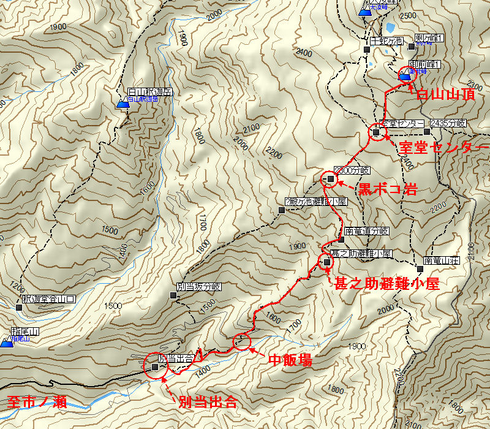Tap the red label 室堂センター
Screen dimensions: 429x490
coord(443,148)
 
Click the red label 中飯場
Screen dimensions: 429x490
coord(290,360)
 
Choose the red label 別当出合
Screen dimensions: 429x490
coord(207,403)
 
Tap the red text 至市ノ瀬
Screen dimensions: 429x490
coord(37,403)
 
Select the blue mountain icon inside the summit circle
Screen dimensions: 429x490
coord(405,75)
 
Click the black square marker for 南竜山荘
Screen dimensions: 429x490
coord(420,268)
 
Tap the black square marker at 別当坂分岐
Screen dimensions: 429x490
coord(173,295)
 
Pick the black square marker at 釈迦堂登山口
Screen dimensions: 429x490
coord(19,307)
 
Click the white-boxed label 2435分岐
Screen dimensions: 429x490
coord(448,123)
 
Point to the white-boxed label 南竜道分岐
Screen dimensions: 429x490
coord(367,231)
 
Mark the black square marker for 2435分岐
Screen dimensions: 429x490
coord(427,131)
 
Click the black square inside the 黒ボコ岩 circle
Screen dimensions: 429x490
coord(331,179)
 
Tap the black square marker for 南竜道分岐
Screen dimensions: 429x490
coord(341,239)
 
